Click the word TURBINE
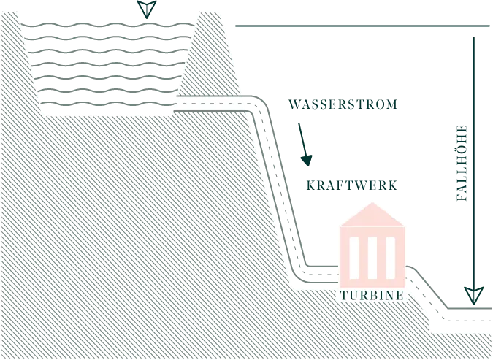(371, 296)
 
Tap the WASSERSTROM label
(342, 105)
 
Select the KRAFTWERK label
(350, 185)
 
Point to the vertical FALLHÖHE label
(462, 161)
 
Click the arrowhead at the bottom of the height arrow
(475, 296)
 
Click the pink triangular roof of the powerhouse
(371, 216)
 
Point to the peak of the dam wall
(210, 15)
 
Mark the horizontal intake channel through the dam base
(208, 105)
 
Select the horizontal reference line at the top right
(362, 27)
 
